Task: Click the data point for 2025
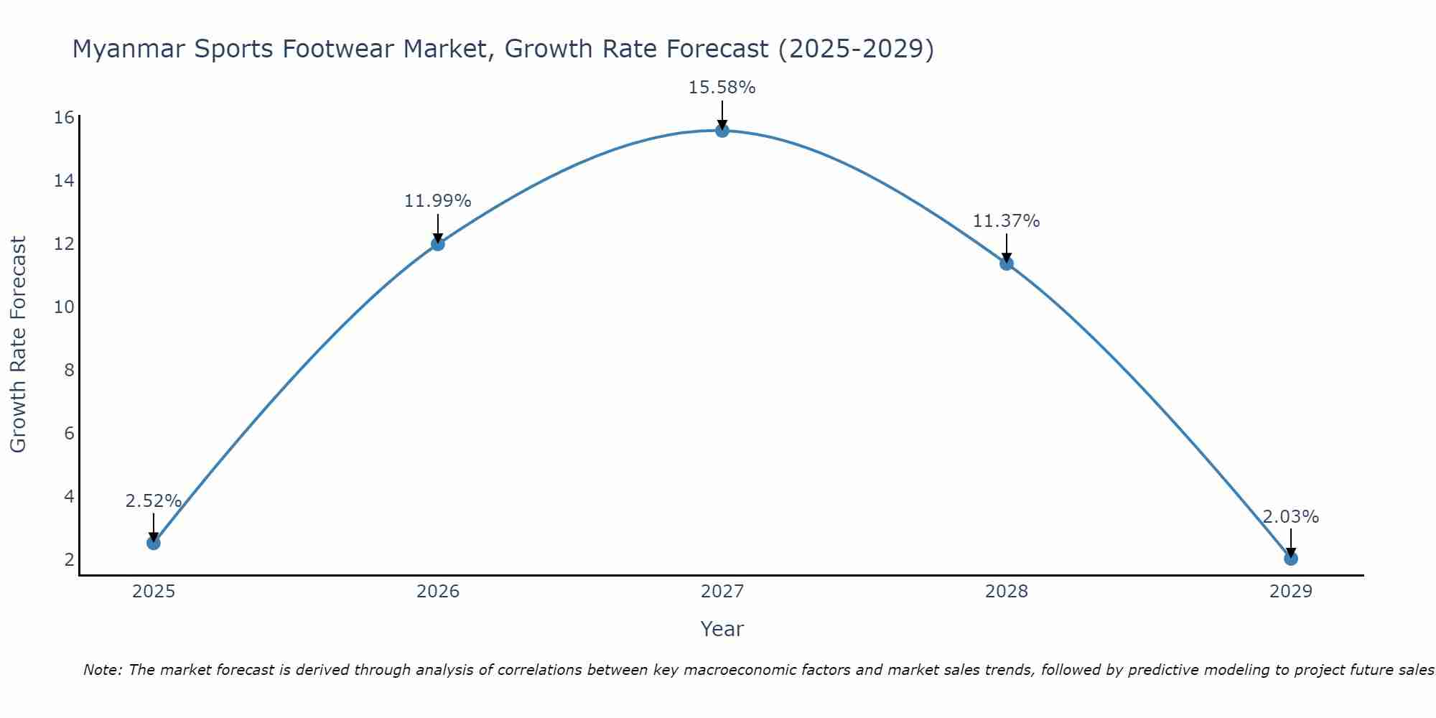154,543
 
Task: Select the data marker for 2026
438,243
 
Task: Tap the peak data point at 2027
722,130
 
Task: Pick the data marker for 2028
1007,263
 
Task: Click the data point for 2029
1291,558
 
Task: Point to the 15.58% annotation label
722,88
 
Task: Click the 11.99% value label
437,201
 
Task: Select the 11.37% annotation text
1006,221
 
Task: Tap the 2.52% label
153,501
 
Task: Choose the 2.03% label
1290,517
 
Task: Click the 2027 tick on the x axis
722,592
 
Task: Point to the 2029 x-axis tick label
1291,592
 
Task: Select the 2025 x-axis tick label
154,592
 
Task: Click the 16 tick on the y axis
64,117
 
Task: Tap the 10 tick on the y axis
64,307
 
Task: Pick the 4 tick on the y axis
69,497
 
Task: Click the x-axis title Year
722,629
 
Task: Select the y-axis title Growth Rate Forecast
18,345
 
